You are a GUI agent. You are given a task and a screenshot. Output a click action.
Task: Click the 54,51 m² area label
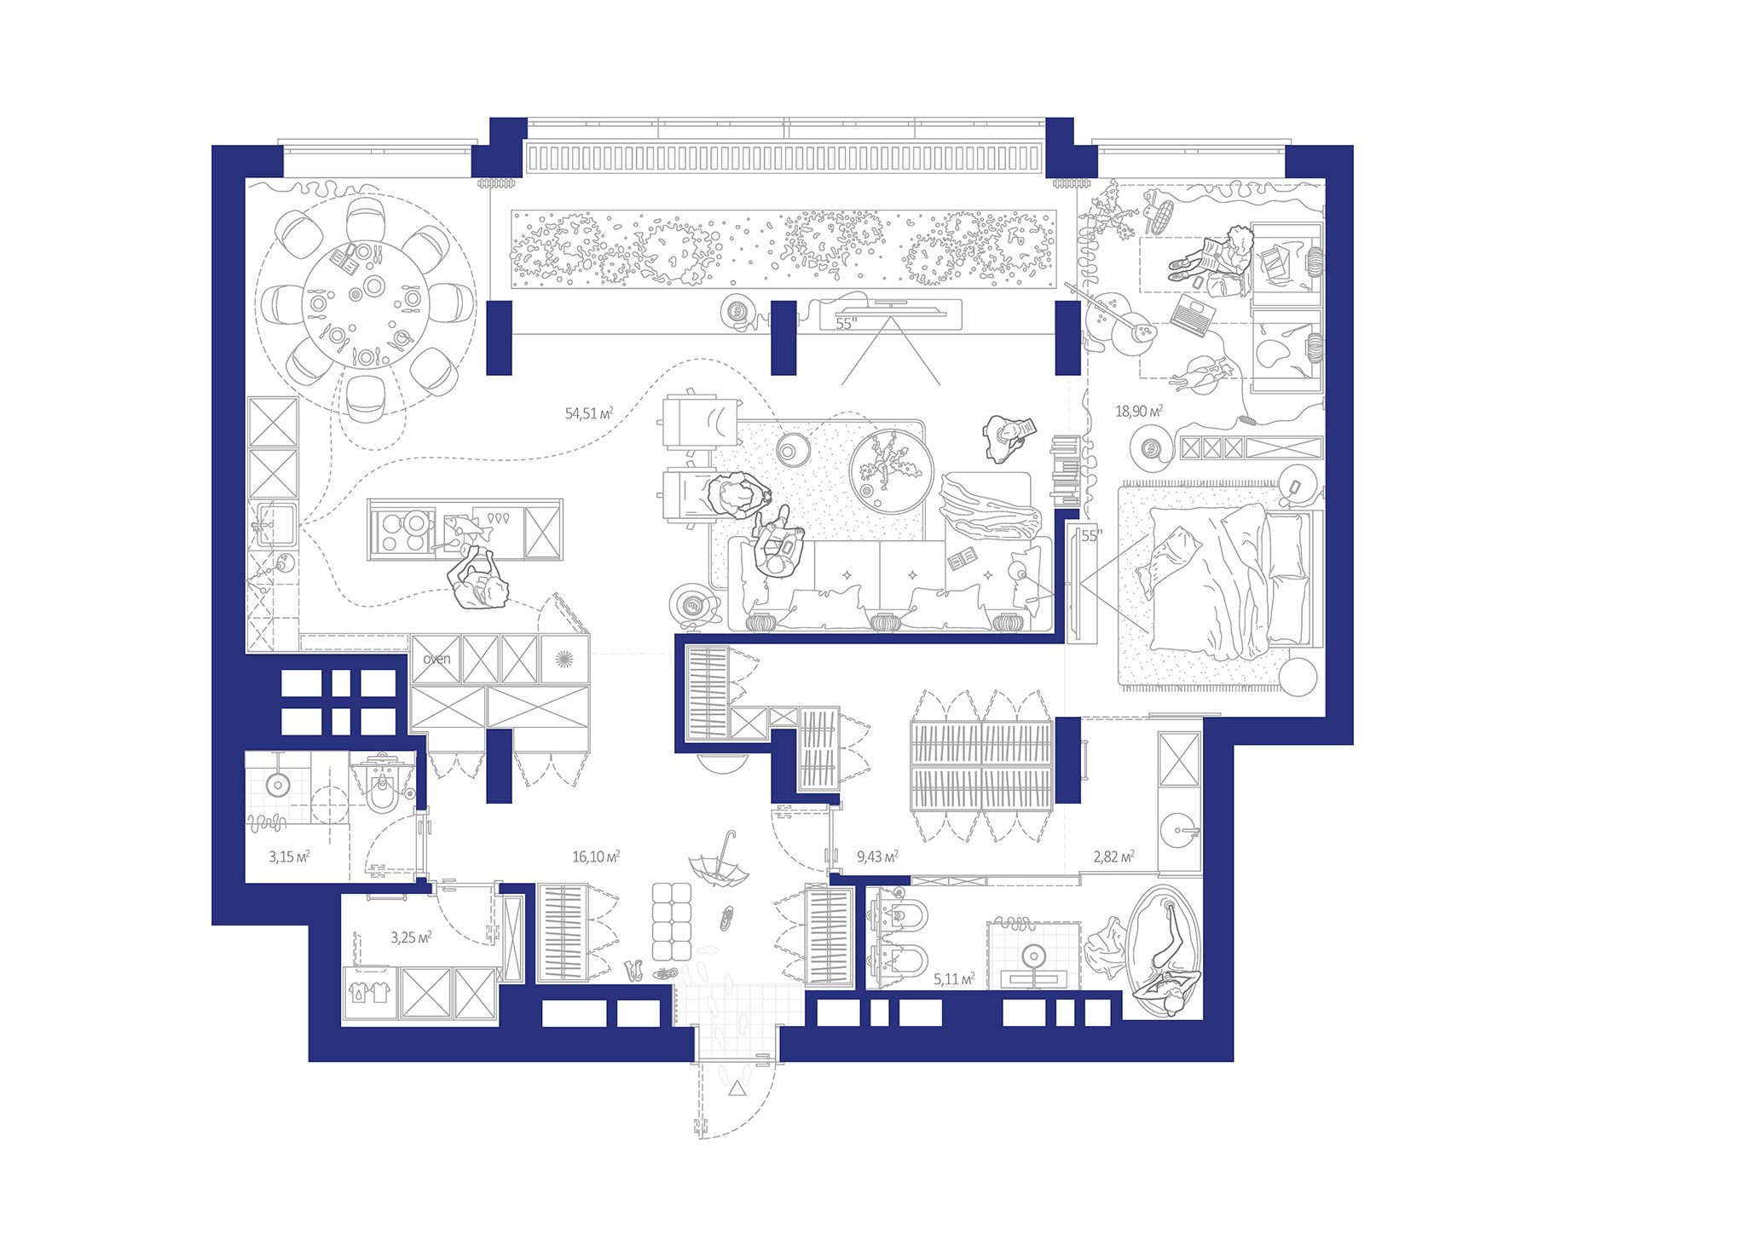pyautogui.click(x=589, y=413)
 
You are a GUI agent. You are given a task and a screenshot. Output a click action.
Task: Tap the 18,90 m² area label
pyautogui.click(x=1139, y=411)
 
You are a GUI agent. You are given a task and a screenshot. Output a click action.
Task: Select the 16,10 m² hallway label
pyautogui.click(x=595, y=856)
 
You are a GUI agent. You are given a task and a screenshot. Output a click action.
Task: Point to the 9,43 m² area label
pyautogui.click(x=877, y=856)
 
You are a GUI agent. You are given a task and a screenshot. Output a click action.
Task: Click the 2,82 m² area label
pyautogui.click(x=1113, y=856)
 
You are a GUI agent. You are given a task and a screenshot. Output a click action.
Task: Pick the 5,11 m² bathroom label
pyautogui.click(x=954, y=979)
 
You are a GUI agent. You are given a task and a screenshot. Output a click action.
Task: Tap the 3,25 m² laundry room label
pyautogui.click(x=410, y=937)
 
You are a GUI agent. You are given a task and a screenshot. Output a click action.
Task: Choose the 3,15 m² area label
pyautogui.click(x=289, y=856)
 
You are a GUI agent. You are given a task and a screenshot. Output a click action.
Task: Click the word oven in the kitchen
pyautogui.click(x=436, y=659)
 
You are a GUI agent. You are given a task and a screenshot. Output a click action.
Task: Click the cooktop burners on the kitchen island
pyautogui.click(x=405, y=529)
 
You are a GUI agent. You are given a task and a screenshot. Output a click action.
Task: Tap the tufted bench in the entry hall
pyautogui.click(x=671, y=920)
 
